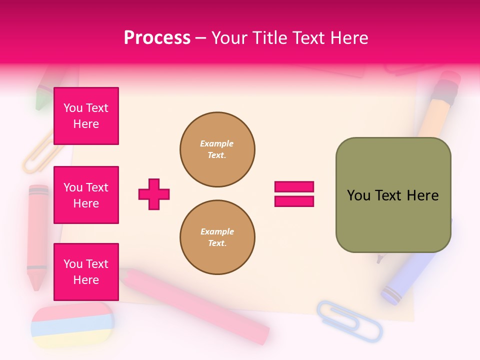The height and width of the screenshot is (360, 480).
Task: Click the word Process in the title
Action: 157,38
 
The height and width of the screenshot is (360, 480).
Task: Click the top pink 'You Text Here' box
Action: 86,116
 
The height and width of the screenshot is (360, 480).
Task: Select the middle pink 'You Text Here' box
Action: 86,195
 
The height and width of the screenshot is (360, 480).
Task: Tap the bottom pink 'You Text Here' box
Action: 86,272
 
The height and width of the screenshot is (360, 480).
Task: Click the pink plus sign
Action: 154,194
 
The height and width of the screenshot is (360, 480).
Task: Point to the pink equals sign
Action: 294,194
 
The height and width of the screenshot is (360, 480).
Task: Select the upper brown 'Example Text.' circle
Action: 217,149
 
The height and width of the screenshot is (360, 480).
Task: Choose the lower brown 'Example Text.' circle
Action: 217,237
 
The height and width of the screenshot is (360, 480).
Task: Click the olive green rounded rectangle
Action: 393,195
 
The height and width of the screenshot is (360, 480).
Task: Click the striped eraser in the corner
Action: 72,325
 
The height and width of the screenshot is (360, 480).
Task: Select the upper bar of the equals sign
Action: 294,187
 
